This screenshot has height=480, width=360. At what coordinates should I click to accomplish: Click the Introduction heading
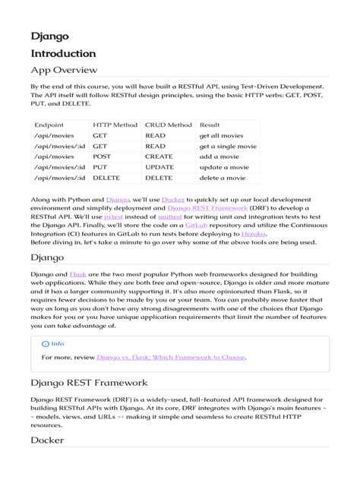(x=63, y=54)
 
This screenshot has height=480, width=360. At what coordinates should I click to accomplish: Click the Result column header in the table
(x=210, y=125)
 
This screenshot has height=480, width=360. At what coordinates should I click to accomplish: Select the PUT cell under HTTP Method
(x=99, y=164)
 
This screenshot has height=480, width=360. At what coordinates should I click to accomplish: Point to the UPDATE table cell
(x=159, y=164)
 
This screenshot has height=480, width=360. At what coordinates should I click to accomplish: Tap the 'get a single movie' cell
(x=227, y=137)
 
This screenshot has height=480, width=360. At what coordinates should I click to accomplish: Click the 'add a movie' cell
(x=219, y=151)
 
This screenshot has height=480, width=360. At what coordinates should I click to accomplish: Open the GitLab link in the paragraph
(x=196, y=226)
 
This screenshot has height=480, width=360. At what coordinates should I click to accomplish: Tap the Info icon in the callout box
(x=46, y=343)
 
